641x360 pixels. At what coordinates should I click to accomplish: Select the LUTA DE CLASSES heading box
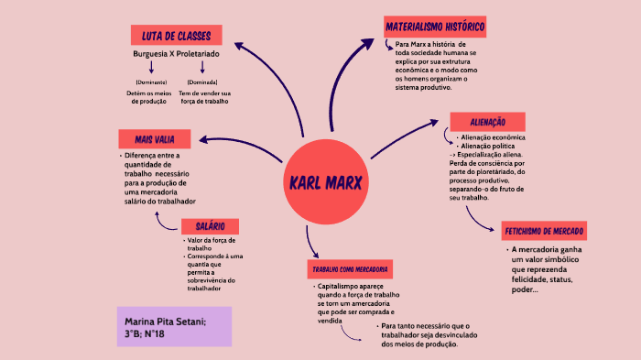pos(177,36)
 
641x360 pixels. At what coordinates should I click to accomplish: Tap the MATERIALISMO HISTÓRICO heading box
pos(435,26)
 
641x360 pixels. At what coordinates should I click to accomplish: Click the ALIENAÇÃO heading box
pos(487,122)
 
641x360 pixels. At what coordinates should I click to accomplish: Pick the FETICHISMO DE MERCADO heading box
pos(544,231)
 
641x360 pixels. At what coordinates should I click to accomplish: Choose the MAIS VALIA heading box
pos(155,139)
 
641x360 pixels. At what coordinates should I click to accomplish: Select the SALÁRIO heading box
pos(211,225)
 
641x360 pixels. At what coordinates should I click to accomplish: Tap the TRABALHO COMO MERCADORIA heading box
pos(352,270)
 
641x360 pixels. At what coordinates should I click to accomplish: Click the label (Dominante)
pos(150,82)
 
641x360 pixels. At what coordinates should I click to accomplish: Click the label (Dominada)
pos(201,82)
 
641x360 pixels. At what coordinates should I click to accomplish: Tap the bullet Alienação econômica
pos(494,137)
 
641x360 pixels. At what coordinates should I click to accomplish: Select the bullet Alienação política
pos(489,146)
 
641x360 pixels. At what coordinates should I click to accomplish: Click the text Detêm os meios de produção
pos(149,97)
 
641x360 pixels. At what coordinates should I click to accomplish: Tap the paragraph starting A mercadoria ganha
pos(550,269)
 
